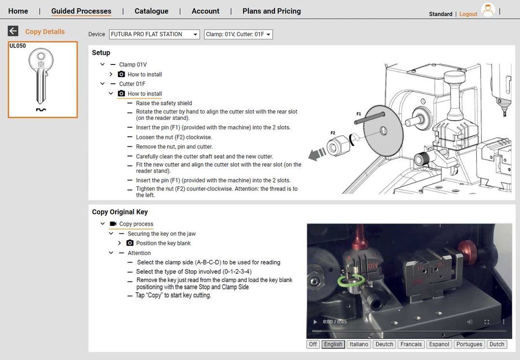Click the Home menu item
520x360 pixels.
coord(18,11)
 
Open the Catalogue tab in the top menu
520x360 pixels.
coord(151,11)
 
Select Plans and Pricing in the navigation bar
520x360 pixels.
coord(272,11)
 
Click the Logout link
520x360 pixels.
coord(468,14)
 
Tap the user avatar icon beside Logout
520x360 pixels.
coord(488,11)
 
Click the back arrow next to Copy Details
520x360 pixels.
coord(13,31)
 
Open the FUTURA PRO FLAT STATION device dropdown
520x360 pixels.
coord(154,34)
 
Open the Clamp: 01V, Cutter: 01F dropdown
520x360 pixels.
coord(238,34)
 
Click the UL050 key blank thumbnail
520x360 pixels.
coord(43,79)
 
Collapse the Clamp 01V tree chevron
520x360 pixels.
coord(103,64)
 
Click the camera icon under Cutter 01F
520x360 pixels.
coord(121,93)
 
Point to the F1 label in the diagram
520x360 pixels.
coord(359,114)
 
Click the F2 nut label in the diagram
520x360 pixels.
coord(333,133)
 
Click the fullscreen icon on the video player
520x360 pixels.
coord(487,321)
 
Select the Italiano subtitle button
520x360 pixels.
coord(359,344)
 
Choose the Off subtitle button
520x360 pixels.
coord(313,344)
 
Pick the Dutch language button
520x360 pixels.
coord(497,344)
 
